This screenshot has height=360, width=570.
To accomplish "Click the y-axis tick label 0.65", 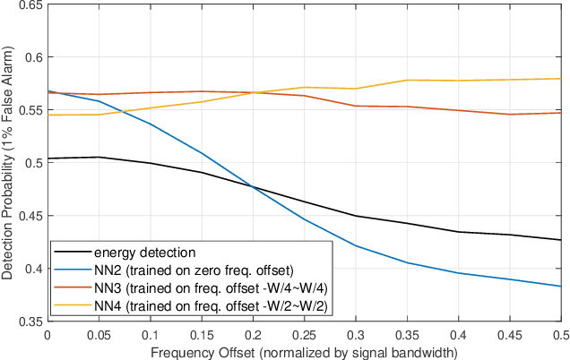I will coord(30,5).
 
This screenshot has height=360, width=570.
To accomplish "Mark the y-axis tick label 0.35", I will coord(30,321).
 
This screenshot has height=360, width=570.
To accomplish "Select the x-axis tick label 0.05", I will coord(99,334).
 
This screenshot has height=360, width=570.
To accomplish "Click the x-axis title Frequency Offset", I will coord(304,351).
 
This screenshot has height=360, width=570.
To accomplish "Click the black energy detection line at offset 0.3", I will coord(356,216).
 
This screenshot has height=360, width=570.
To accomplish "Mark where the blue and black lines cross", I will coord(252,186).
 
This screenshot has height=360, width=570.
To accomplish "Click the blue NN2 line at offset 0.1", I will coord(150,124).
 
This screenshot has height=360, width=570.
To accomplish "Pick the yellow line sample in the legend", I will coord(74,305).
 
